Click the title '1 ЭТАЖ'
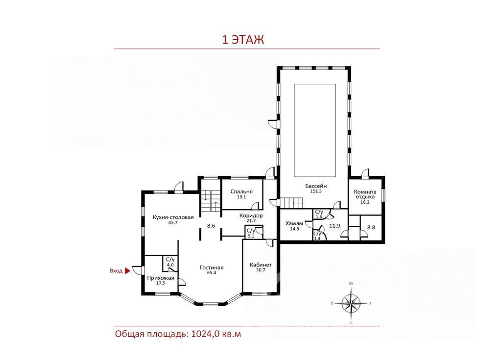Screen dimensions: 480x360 coord(243,40)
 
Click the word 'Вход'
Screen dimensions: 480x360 coord(116,271)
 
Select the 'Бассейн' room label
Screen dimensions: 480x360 coord(316,186)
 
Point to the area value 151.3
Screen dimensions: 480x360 coord(316,191)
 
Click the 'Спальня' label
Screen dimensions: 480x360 coord(241,192)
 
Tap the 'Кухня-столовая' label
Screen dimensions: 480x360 coord(173,217)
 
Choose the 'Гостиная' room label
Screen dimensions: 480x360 coord(212,267)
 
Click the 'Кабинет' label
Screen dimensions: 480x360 coord(261,265)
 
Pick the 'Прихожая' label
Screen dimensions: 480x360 coord(161,278)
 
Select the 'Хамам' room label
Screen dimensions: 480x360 coord(294,223)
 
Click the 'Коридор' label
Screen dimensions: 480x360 coord(251,216)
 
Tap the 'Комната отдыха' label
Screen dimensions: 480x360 coord(365,194)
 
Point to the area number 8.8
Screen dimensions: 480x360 coord(371,227)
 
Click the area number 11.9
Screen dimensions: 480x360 coord(335,226)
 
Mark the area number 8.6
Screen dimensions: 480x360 coord(211,226)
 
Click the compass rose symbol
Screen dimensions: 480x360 coord(351,303)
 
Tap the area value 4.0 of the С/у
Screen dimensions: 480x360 coord(170,265)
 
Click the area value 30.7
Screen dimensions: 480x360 coord(261,270)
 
